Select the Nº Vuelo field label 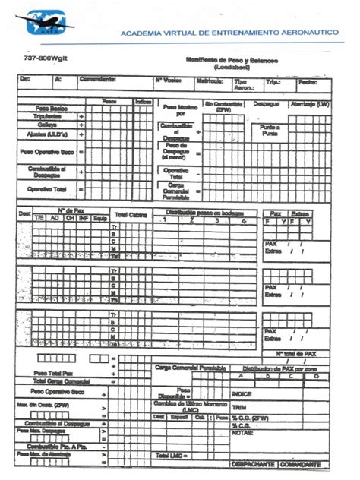coord(168,78)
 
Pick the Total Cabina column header coord(131,215)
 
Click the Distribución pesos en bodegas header coord(201,212)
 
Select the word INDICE coord(242,394)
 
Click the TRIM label coord(238,406)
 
